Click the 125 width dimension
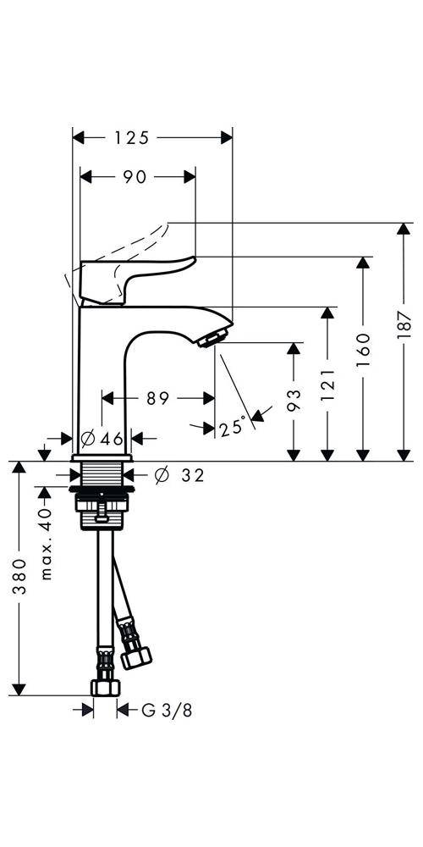131,138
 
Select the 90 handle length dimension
135,177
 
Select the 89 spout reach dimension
157,399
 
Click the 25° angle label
233,429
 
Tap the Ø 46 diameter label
102,438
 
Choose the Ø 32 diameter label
179,475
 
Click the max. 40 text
47,544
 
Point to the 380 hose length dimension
19,577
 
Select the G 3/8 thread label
167,711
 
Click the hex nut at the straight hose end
105,688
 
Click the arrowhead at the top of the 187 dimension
404,229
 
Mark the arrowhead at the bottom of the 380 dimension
19,689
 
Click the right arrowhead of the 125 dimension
226,138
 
